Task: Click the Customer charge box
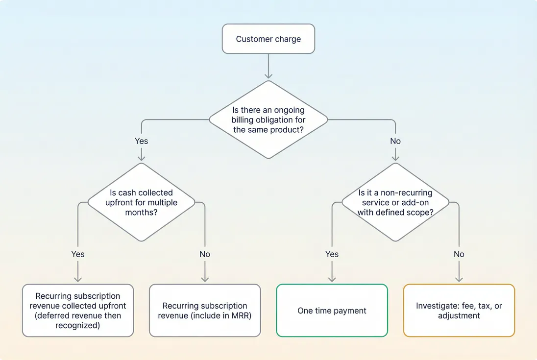tap(268, 39)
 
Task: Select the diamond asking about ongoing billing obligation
tap(268, 120)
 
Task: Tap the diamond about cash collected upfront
tap(141, 202)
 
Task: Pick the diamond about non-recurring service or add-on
tap(395, 202)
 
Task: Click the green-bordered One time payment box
tap(332, 311)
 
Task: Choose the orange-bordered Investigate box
tap(459, 311)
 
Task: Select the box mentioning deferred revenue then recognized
tap(78, 311)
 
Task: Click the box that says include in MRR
tap(205, 311)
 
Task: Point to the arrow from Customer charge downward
tap(268, 66)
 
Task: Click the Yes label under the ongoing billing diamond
tap(141, 141)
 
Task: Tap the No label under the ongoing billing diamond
tap(395, 141)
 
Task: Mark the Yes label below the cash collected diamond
tap(78, 254)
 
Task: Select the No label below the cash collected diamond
tap(205, 254)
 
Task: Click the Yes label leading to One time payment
tap(332, 254)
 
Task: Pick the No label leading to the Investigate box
tap(459, 254)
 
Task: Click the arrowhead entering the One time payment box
tap(332, 279)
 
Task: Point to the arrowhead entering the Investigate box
tap(459, 279)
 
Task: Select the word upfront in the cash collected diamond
tap(118, 202)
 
